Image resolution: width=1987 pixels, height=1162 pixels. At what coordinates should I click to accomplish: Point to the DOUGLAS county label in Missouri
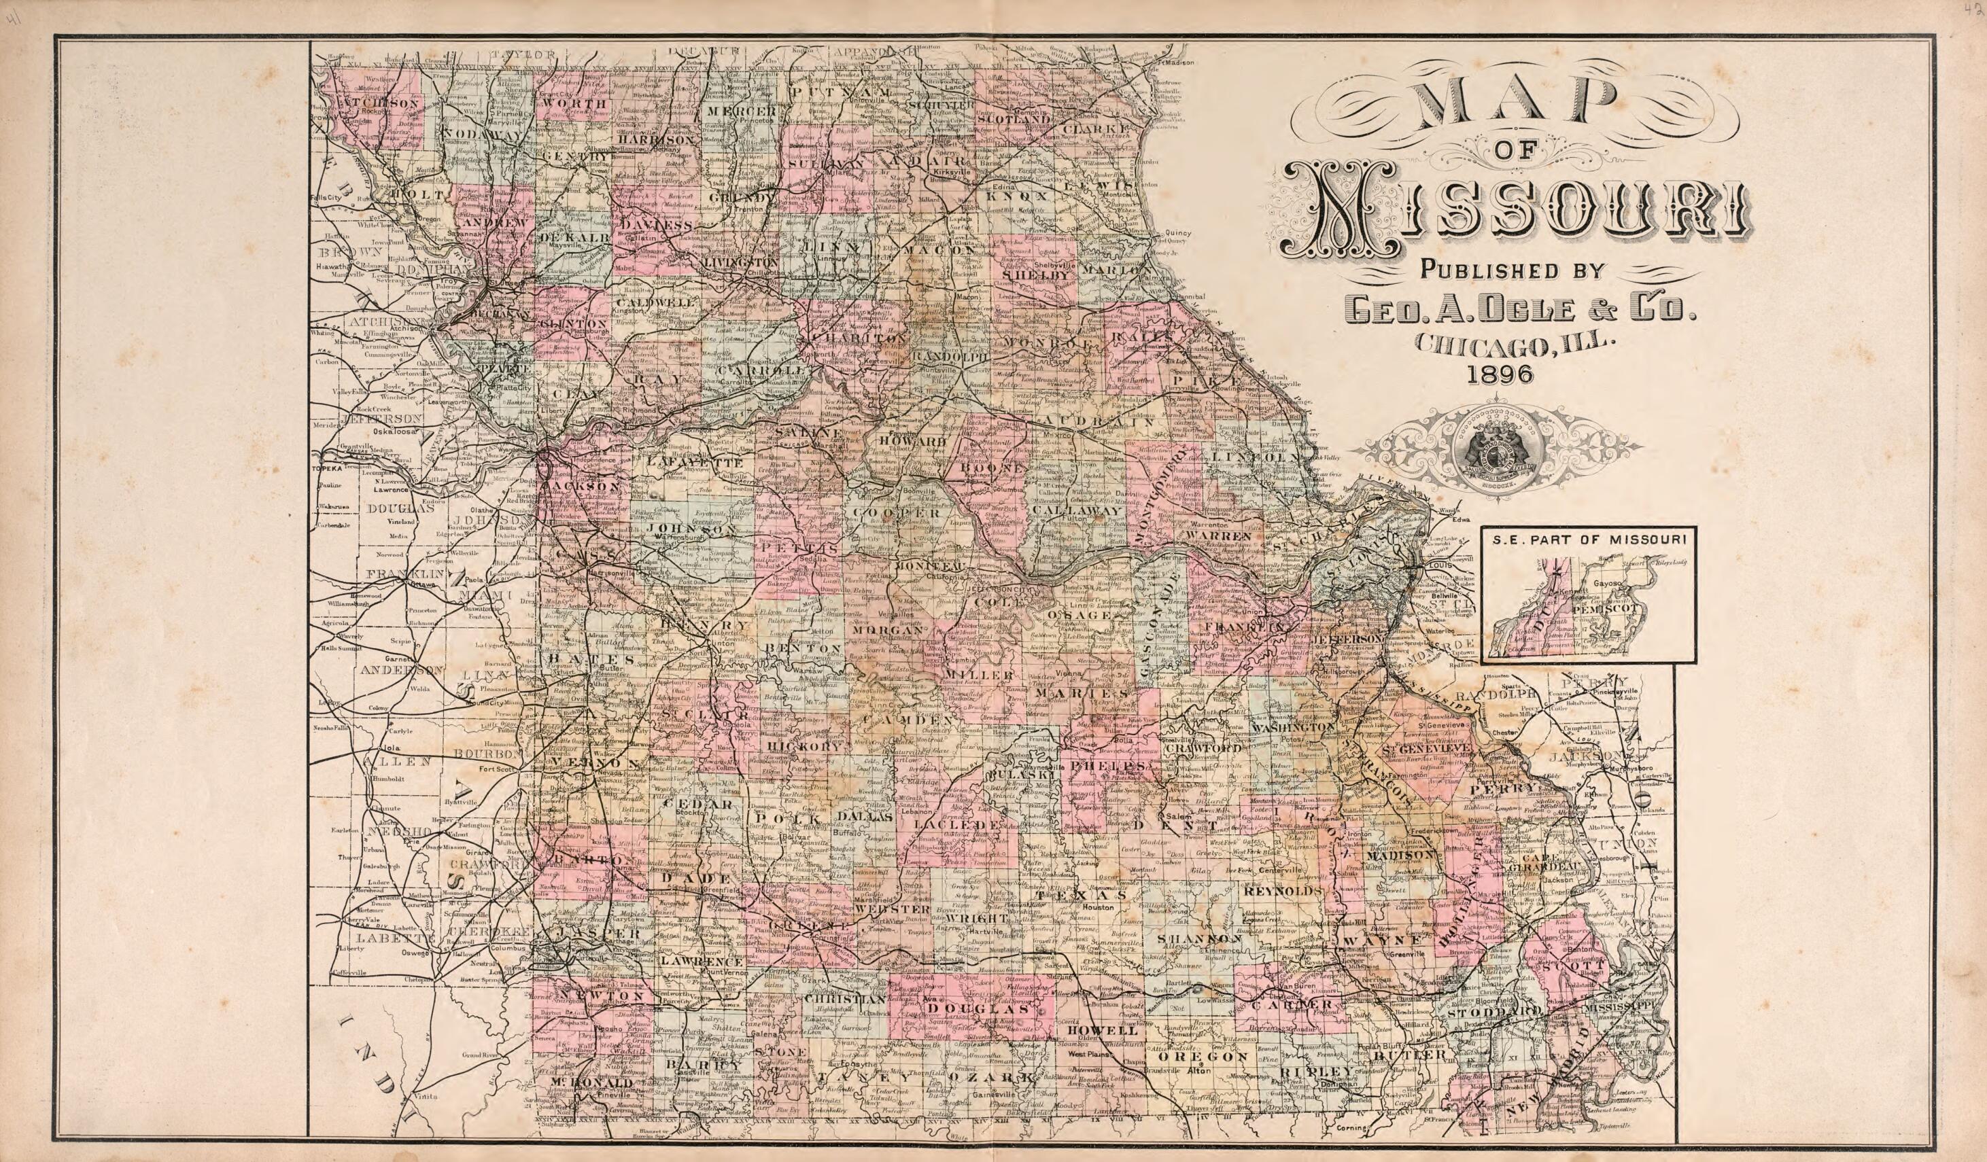click(x=978, y=1008)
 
